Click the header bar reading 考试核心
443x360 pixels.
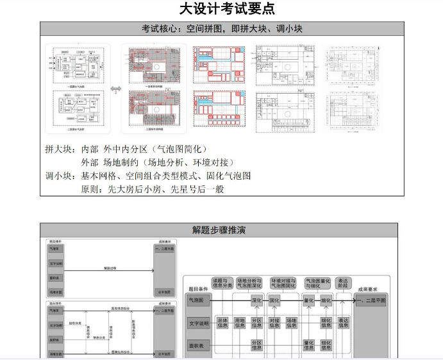pyautogui.click(x=222, y=29)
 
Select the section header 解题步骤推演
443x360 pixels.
pyautogui.click(x=219, y=230)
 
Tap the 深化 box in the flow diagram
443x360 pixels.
pyautogui.click(x=257, y=300)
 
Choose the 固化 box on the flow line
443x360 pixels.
pyautogui.click(x=274, y=300)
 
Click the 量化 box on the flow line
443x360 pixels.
pyautogui.click(x=308, y=300)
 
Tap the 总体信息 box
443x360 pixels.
pyautogui.click(x=222, y=323)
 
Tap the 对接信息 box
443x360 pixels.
pyautogui.click(x=274, y=323)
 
